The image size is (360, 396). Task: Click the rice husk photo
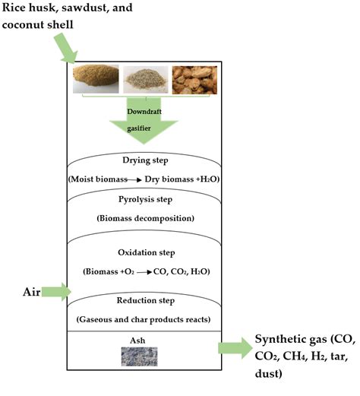[x=96, y=79]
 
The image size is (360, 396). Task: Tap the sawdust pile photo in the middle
[x=146, y=80]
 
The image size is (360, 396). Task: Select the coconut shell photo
[x=194, y=80]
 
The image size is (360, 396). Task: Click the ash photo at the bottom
[x=140, y=356]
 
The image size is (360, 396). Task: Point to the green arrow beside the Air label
[x=56, y=292]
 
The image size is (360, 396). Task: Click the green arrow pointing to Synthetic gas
[x=235, y=348]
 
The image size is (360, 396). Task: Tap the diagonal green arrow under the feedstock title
[x=66, y=48]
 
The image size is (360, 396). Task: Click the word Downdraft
[x=144, y=112]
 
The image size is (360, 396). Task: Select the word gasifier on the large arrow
[x=139, y=128]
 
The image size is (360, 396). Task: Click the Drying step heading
[x=145, y=160]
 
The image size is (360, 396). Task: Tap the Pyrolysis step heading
[x=146, y=199]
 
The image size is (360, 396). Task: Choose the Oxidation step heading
[x=147, y=252]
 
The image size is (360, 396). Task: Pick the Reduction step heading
[x=146, y=300]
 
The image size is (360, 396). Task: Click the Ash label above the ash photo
[x=137, y=341]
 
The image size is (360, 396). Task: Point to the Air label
[x=32, y=292]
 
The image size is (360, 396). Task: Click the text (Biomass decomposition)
[x=146, y=218]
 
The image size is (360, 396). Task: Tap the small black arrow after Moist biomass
[x=134, y=180]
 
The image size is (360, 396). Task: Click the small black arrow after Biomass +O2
[x=144, y=272]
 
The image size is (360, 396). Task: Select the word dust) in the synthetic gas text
[x=269, y=373]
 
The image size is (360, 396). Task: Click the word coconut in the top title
[x=20, y=25]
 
